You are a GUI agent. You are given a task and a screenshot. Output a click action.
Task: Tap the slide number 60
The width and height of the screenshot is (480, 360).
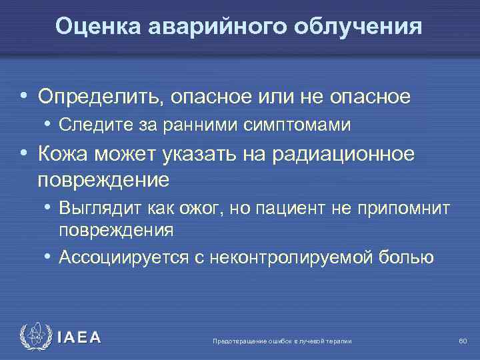463,341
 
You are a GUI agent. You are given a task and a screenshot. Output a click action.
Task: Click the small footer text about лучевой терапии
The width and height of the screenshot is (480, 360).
281,341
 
